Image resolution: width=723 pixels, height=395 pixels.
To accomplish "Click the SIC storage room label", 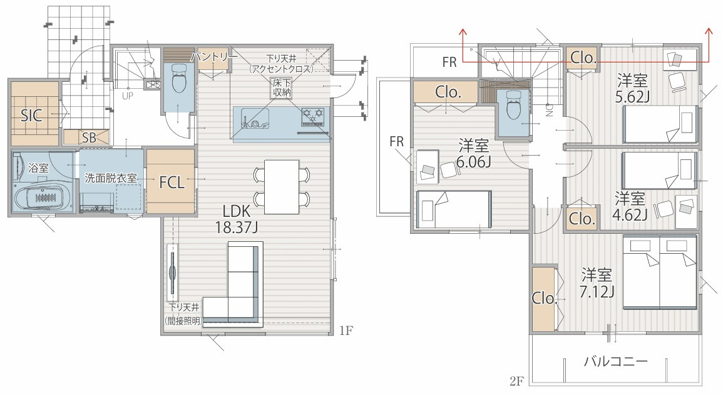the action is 31,115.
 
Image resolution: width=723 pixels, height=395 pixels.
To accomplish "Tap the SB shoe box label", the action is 89,137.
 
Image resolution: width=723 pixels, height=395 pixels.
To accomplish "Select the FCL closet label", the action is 172,182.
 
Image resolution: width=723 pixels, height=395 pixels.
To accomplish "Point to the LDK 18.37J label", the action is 237,219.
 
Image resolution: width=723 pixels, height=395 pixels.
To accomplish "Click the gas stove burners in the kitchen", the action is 313,116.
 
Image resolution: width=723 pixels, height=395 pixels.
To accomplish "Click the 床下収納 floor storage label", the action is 281,87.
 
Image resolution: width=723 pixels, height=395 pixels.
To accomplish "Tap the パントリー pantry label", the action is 214,57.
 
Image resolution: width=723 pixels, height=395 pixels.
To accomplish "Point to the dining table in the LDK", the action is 282,186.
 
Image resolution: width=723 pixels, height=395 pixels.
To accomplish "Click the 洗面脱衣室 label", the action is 111,177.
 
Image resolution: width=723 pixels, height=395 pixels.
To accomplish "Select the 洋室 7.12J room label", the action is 597,283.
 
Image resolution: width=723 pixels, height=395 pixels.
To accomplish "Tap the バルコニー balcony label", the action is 616,361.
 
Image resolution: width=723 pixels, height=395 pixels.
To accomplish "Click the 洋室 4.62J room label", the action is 630,206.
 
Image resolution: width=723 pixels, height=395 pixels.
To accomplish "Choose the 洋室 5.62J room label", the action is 632,88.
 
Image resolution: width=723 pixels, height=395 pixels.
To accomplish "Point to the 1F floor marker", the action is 346,330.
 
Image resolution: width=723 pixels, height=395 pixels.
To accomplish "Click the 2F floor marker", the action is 517,381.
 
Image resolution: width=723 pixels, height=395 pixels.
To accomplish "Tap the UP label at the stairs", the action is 127,96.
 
